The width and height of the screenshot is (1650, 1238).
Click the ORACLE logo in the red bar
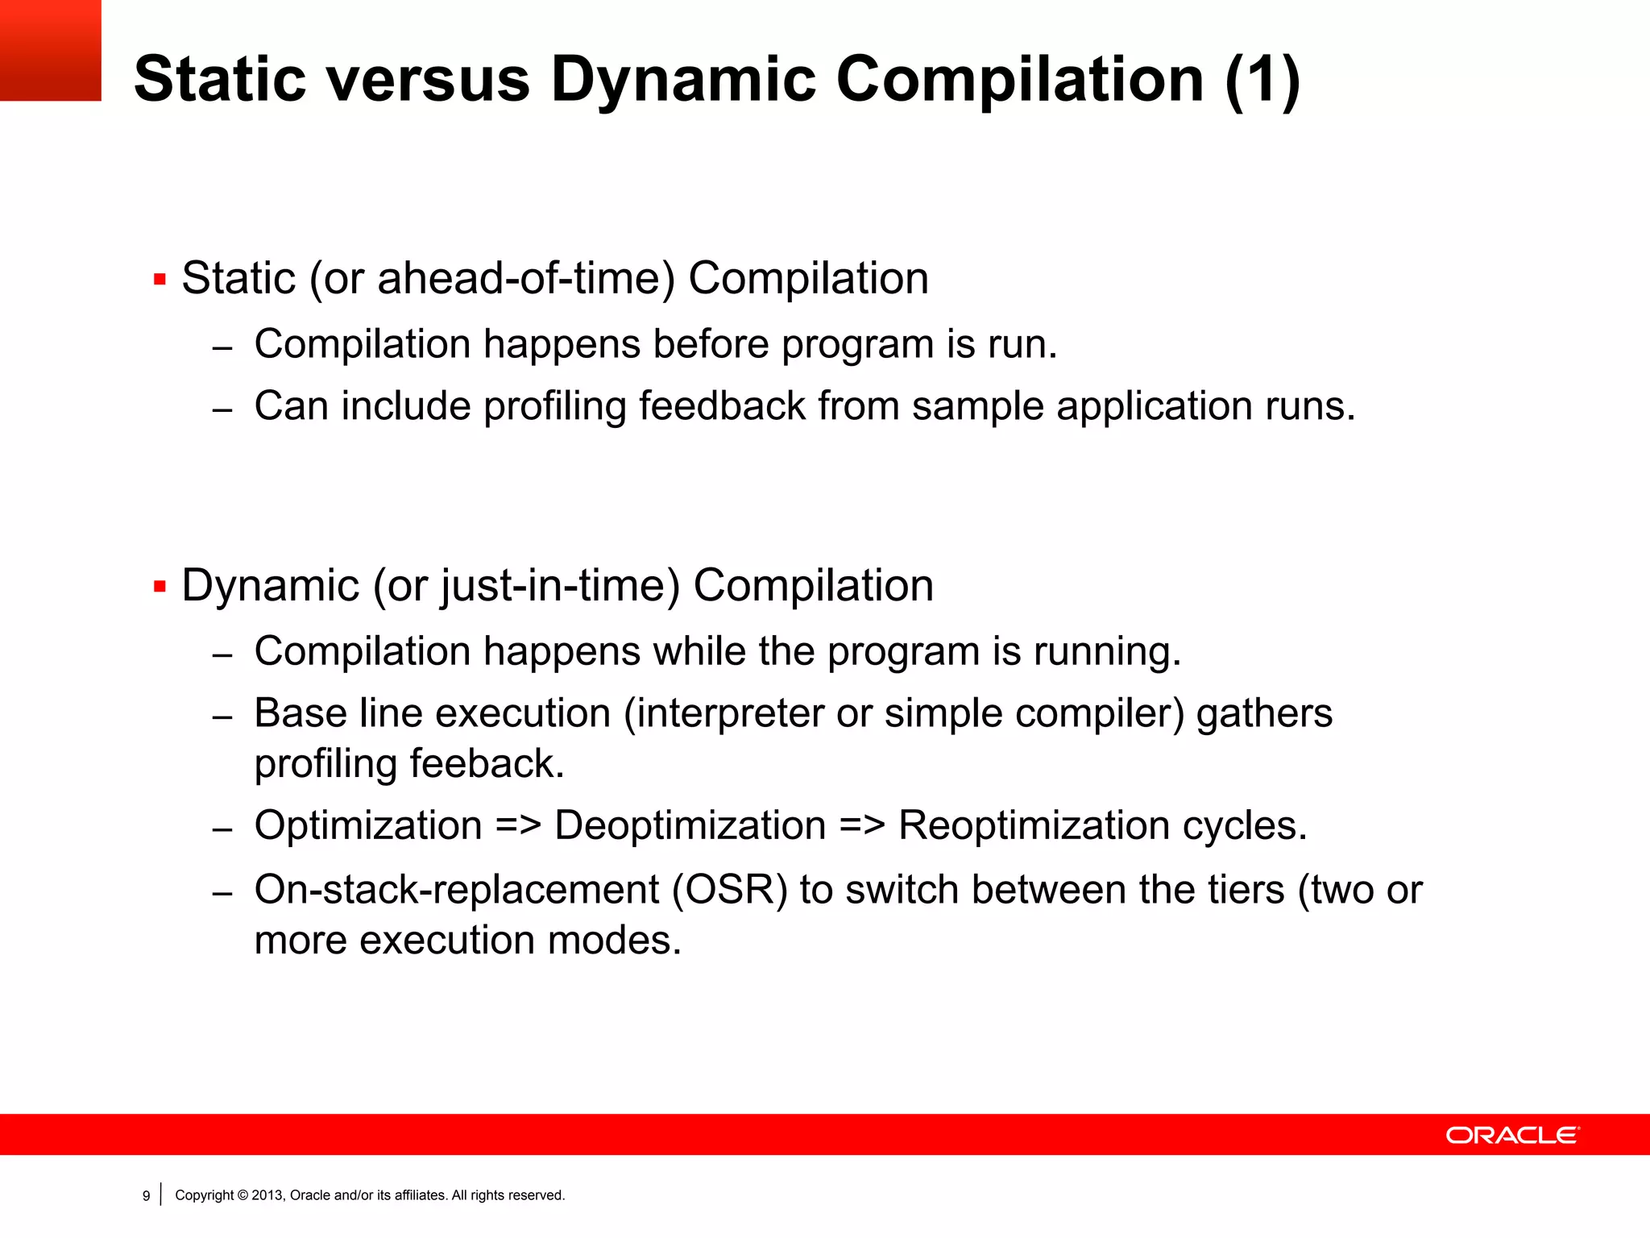[1512, 1135]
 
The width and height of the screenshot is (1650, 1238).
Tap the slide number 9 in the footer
[146, 1196]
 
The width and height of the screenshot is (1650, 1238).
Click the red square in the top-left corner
[50, 50]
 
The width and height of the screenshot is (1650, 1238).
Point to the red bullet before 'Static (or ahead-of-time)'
[160, 280]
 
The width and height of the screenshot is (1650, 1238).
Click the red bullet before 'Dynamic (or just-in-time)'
[160, 587]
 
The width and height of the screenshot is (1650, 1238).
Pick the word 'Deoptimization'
[690, 825]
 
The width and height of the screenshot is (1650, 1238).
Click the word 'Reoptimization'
[1034, 825]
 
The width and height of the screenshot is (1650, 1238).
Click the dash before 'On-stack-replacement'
[222, 894]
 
